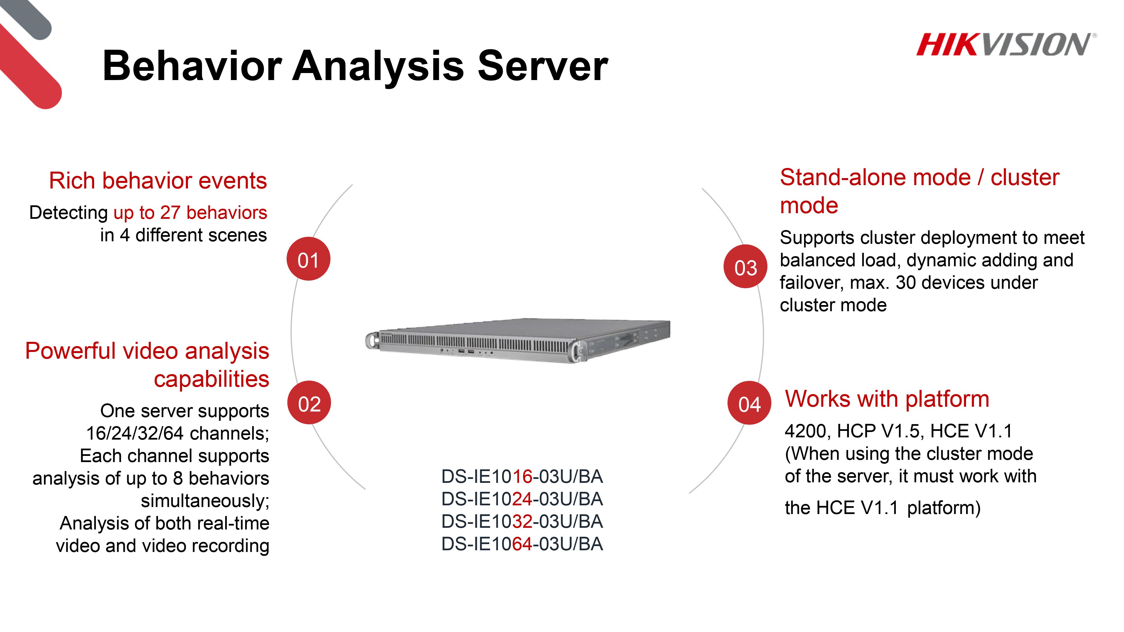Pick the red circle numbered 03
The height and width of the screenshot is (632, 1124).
[x=745, y=267]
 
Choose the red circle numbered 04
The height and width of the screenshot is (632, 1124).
[x=749, y=403]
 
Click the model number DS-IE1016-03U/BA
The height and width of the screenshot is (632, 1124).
[x=522, y=477]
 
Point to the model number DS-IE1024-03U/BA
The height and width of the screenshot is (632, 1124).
[x=522, y=499]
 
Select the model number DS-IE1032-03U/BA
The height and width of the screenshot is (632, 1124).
[x=522, y=522]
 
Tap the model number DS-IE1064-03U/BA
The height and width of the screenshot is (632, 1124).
[x=522, y=544]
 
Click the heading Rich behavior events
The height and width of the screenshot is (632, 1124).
[x=158, y=181]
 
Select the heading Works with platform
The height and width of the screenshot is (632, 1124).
[x=887, y=399]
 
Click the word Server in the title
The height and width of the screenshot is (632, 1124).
[x=543, y=66]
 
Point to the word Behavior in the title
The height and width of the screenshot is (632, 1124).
[x=192, y=66]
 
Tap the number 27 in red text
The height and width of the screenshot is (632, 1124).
[x=170, y=213]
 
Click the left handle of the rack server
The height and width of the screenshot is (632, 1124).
[x=371, y=340]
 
